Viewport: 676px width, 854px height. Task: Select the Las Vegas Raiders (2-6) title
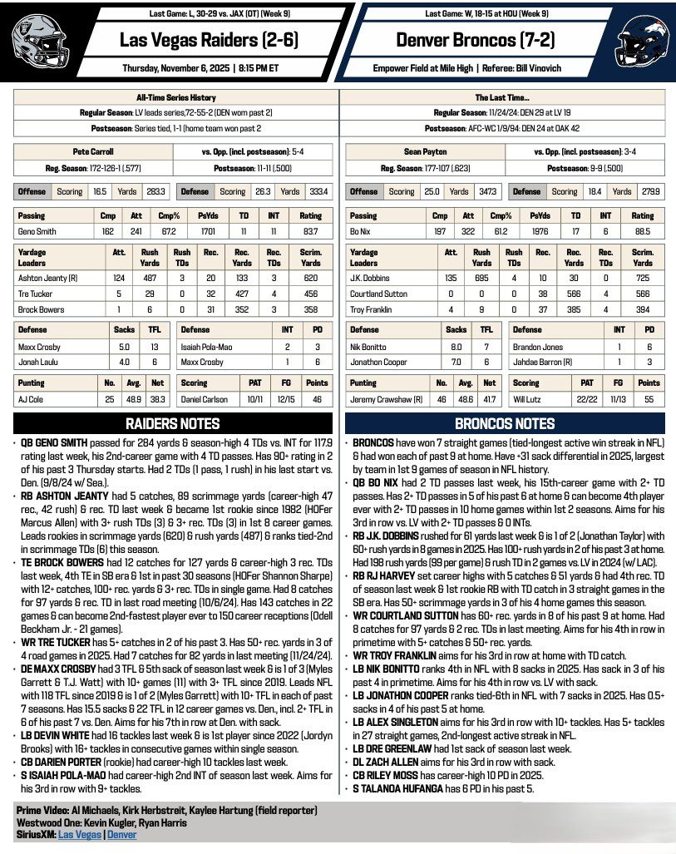(x=209, y=40)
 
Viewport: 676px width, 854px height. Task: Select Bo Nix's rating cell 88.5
(x=642, y=232)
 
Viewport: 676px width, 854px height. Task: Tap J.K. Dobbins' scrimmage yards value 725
(x=642, y=279)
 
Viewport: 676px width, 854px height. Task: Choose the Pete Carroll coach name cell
(x=93, y=152)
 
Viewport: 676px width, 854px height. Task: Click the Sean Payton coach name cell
(x=425, y=152)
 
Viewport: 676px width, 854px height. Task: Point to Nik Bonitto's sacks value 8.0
(x=456, y=347)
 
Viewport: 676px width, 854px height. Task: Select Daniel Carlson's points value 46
(x=317, y=398)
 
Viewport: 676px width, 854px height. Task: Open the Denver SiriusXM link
(x=122, y=834)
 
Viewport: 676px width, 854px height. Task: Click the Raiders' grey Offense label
(x=32, y=191)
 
